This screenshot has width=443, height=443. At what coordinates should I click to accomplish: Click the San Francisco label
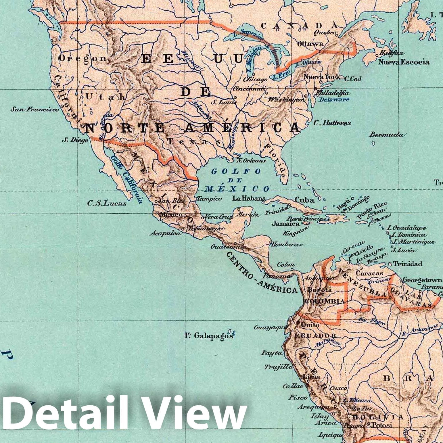[34, 109]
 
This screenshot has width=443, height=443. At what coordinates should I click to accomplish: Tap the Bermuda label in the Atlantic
[386, 135]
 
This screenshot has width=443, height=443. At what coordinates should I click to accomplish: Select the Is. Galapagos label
[209, 335]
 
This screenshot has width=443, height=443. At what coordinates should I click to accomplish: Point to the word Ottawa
[310, 44]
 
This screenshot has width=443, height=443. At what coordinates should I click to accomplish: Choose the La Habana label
[249, 198]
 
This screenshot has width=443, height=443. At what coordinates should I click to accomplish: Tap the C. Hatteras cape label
[332, 123]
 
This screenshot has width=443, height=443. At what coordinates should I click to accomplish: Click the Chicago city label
[255, 79]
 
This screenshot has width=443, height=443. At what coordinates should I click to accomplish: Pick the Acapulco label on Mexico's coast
[165, 233]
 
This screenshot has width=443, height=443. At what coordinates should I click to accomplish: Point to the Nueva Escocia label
[404, 62]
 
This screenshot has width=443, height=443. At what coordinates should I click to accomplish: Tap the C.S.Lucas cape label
[107, 204]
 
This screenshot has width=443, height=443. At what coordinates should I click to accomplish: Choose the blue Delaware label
[334, 99]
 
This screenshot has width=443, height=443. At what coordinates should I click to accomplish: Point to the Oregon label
[82, 58]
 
